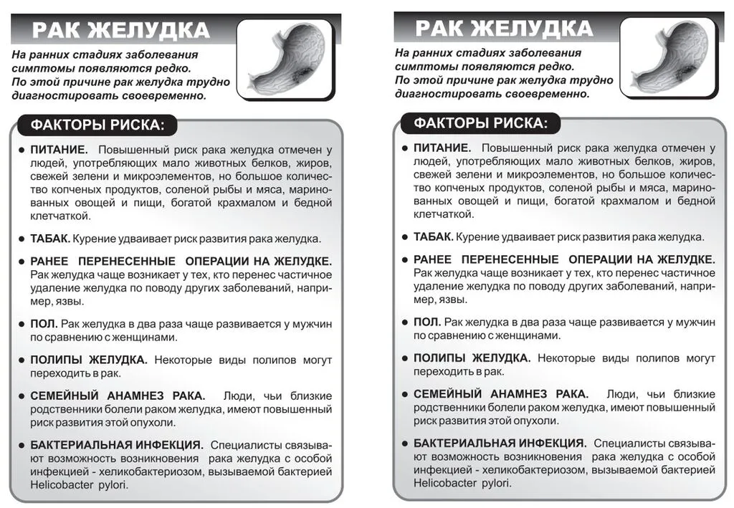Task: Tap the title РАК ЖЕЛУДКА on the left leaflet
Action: pos(121,31)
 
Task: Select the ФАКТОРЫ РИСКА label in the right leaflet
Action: pos(481,123)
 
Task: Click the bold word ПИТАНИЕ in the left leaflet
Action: pos(58,150)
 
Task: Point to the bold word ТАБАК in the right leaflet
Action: pos(433,237)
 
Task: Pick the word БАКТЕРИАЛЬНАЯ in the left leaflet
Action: pos(77,444)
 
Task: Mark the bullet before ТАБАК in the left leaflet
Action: pos(22,239)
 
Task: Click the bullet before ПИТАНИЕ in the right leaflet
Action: pos(406,149)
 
